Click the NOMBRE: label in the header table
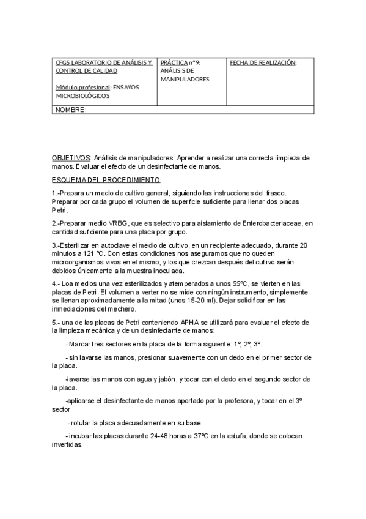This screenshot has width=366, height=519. pyautogui.click(x=71, y=110)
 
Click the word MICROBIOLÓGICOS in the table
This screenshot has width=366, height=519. pyautogui.click(x=83, y=96)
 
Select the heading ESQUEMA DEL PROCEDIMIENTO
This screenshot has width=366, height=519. pyautogui.click(x=106, y=180)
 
